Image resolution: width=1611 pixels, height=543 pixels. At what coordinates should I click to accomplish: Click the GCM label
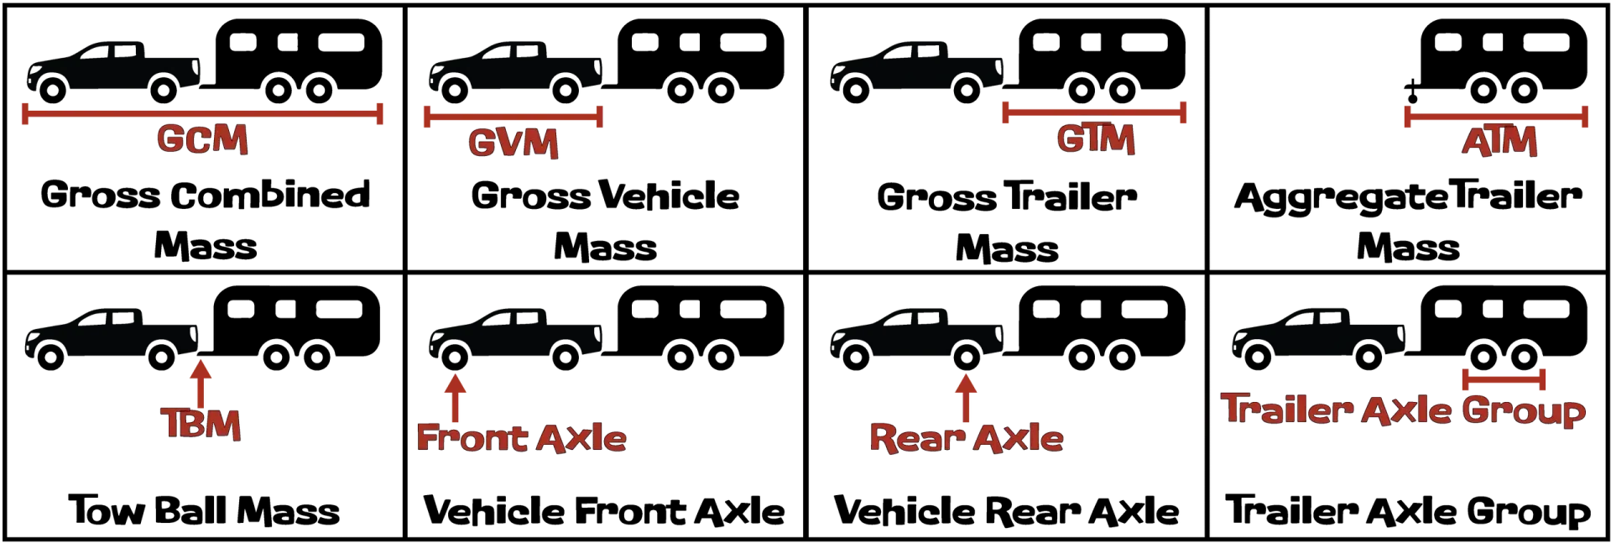(x=202, y=139)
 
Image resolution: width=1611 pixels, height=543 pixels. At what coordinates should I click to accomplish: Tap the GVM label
(x=513, y=143)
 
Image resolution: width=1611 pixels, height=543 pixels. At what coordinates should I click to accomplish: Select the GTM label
(x=1095, y=139)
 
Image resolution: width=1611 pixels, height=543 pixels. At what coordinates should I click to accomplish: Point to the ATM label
(x=1499, y=142)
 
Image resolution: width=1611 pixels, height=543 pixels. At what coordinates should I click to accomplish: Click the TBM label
(x=201, y=425)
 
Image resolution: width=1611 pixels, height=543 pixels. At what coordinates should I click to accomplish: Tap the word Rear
(x=915, y=438)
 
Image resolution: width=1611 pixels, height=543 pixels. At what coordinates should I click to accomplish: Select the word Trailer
(x=1288, y=410)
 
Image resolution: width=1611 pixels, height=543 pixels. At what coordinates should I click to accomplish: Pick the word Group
(x=1523, y=412)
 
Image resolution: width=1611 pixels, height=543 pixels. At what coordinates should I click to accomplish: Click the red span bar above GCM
(x=203, y=113)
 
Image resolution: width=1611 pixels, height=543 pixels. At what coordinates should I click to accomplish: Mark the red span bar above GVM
(x=511, y=117)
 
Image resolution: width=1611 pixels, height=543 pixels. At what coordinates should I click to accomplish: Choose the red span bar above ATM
(x=1496, y=117)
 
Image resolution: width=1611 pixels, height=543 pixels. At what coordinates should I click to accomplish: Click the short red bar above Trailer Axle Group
(x=1504, y=379)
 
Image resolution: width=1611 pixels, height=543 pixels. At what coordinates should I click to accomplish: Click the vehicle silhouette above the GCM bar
(x=113, y=67)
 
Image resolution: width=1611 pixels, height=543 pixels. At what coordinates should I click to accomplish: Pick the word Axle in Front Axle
(x=580, y=438)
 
